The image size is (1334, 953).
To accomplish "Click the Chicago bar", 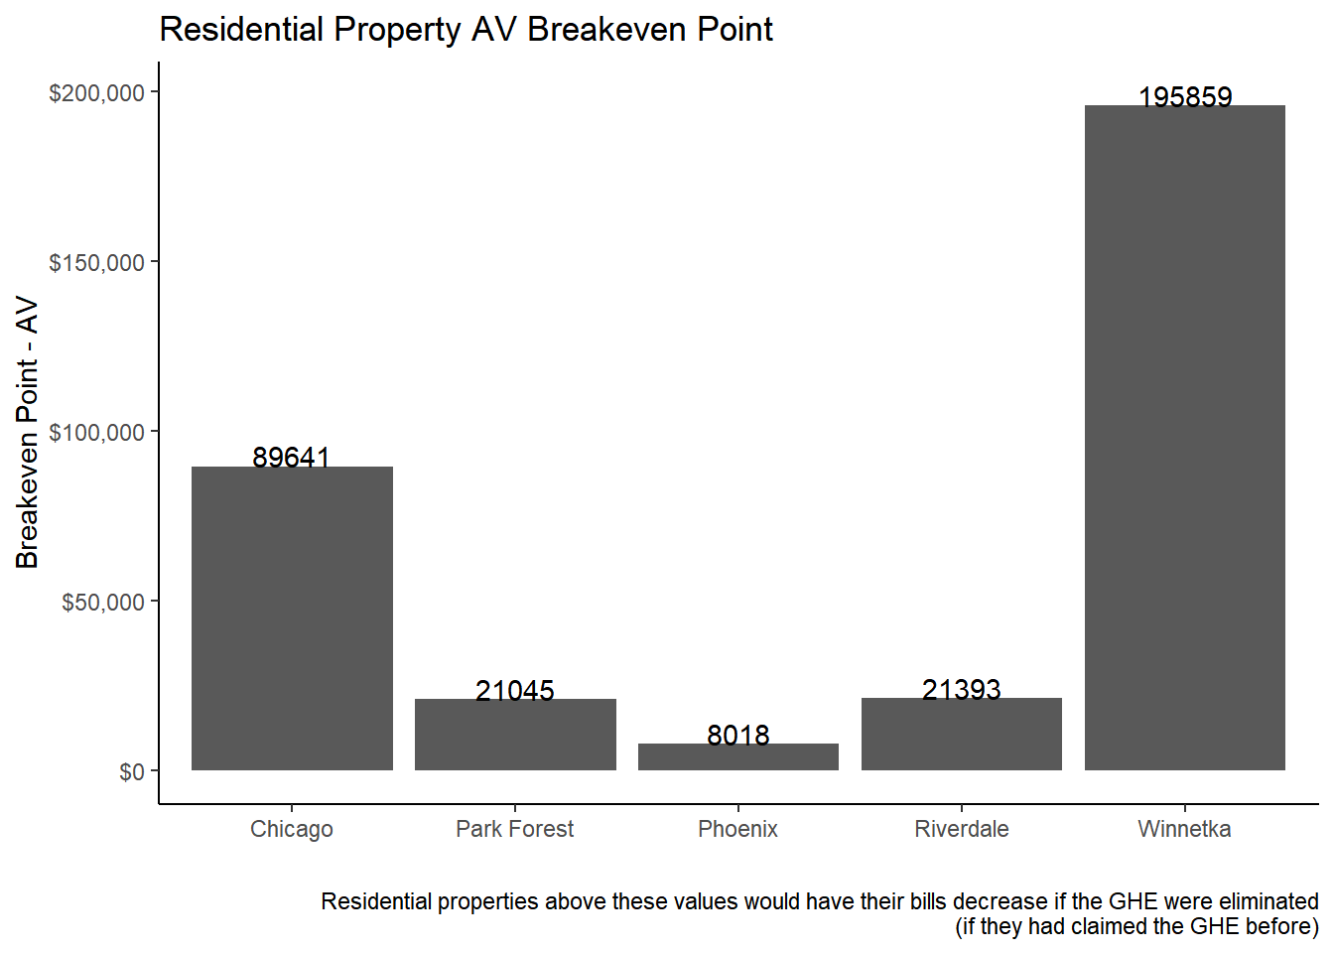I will [x=292, y=617].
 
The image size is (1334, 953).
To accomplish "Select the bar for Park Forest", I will [x=515, y=735].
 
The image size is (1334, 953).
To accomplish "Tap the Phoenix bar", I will [x=738, y=757].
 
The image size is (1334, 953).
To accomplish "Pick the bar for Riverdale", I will [x=962, y=735].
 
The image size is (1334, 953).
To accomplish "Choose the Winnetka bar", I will [x=1185, y=437].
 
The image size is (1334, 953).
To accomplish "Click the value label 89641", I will [x=291, y=457].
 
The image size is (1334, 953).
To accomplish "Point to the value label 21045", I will [x=515, y=690].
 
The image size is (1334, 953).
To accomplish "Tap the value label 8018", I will [x=738, y=735].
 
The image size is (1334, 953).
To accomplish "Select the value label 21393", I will [x=962, y=689].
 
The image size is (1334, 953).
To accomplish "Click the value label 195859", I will [x=1185, y=96].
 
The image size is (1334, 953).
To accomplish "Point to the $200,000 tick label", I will [x=96, y=93].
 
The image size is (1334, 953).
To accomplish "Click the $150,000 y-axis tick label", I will [x=96, y=263].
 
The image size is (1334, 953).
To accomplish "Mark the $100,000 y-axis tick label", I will [x=96, y=433].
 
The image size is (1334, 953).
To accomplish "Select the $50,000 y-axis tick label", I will [x=102, y=603].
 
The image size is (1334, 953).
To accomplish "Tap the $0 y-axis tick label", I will [x=131, y=772].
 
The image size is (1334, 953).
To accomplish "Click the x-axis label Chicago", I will [x=292, y=829].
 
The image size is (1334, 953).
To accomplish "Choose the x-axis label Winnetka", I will [x=1184, y=829].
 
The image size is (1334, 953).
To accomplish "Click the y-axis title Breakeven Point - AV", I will [x=27, y=432].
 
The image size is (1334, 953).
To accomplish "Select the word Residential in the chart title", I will [x=241, y=30].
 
